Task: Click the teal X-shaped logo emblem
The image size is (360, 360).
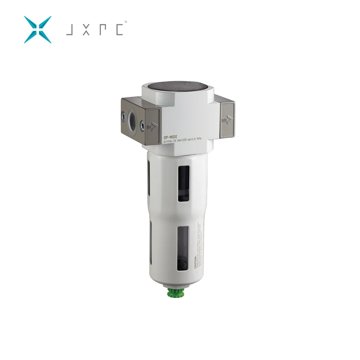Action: coord(38,29)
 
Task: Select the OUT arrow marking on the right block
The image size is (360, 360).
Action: coord(226,119)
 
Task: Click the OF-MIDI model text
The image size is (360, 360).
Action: coord(171,137)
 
